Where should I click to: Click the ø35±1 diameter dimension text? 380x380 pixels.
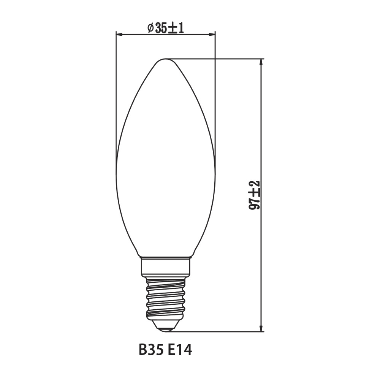tap(165, 27)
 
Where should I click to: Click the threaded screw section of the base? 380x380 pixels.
tap(166, 296)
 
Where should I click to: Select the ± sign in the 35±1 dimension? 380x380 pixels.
tap(173, 28)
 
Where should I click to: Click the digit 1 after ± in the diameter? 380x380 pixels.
tap(181, 28)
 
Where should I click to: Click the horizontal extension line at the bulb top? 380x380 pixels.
tap(228, 59)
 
